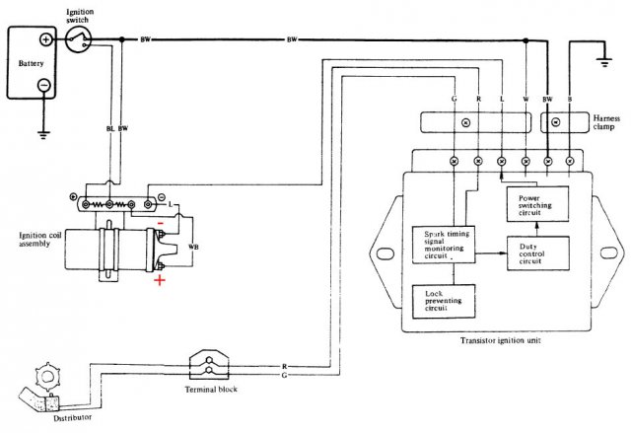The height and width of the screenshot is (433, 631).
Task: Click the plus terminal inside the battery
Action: [45, 41]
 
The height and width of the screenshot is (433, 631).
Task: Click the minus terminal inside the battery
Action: [45, 85]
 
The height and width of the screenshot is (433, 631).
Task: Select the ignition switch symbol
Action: [80, 40]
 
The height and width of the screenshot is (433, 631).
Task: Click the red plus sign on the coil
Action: [159, 282]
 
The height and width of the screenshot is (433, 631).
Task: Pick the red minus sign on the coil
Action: [160, 223]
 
